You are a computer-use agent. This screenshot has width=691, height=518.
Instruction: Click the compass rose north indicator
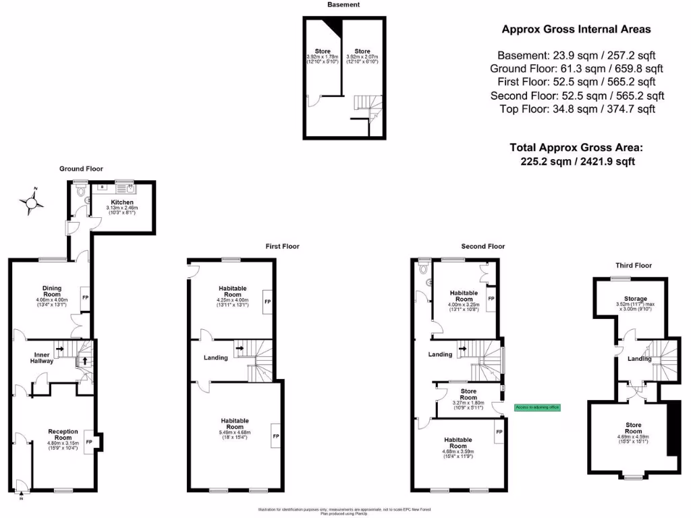click(x=32, y=202)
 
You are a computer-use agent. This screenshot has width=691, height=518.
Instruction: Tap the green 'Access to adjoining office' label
click(x=536, y=407)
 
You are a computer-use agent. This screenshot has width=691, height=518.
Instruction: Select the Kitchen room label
click(x=122, y=202)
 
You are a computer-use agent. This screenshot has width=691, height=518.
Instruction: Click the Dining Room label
click(x=53, y=291)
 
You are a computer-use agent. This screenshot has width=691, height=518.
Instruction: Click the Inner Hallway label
click(x=40, y=357)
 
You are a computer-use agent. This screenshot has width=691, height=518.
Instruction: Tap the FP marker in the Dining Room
click(x=85, y=297)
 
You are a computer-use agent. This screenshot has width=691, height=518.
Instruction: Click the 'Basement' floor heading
click(x=343, y=5)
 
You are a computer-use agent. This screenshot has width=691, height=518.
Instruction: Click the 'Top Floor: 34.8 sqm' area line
click(x=577, y=109)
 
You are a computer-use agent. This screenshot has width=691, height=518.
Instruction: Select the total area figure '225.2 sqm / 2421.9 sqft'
click(x=576, y=161)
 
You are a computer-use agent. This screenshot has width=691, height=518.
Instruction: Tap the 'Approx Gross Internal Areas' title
click(x=576, y=29)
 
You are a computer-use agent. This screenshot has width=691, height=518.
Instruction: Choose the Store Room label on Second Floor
click(x=468, y=395)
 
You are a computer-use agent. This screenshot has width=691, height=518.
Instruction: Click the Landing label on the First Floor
click(x=216, y=357)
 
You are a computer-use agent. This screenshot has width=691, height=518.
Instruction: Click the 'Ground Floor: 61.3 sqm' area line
click(x=577, y=69)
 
